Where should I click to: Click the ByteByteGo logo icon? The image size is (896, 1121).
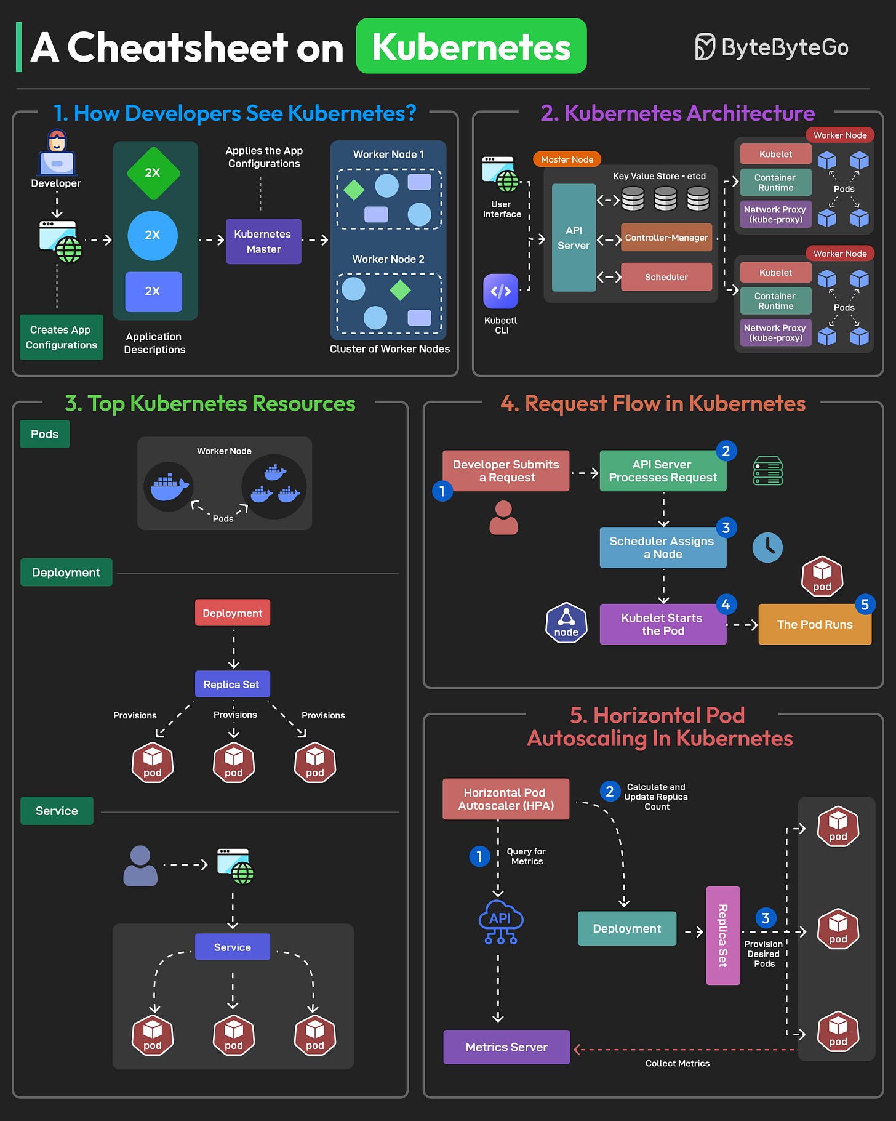point(705,47)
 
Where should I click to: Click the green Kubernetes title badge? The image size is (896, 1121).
point(471,46)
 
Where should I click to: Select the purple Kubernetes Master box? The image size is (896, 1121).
point(263,241)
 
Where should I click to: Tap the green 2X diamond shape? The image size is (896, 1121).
point(153,173)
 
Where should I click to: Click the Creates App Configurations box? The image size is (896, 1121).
point(61,337)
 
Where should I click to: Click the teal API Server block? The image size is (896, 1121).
point(574,238)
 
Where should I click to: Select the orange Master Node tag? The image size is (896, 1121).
point(567,159)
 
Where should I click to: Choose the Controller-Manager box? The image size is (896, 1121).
point(666,238)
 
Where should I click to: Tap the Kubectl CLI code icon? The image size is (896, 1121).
point(500,291)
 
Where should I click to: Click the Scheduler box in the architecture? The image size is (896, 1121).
point(666,277)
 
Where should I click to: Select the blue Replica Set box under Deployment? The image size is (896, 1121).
point(232,684)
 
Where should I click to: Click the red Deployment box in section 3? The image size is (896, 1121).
point(232,613)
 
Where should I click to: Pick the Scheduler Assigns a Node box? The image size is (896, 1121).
point(662,547)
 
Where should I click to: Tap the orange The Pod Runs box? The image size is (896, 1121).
point(814,624)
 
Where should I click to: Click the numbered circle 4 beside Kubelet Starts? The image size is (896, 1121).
point(726,605)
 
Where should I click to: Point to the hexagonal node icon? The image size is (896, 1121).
point(566,623)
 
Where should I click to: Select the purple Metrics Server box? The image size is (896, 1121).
point(506,1047)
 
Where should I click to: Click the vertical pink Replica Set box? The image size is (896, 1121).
point(722,935)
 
